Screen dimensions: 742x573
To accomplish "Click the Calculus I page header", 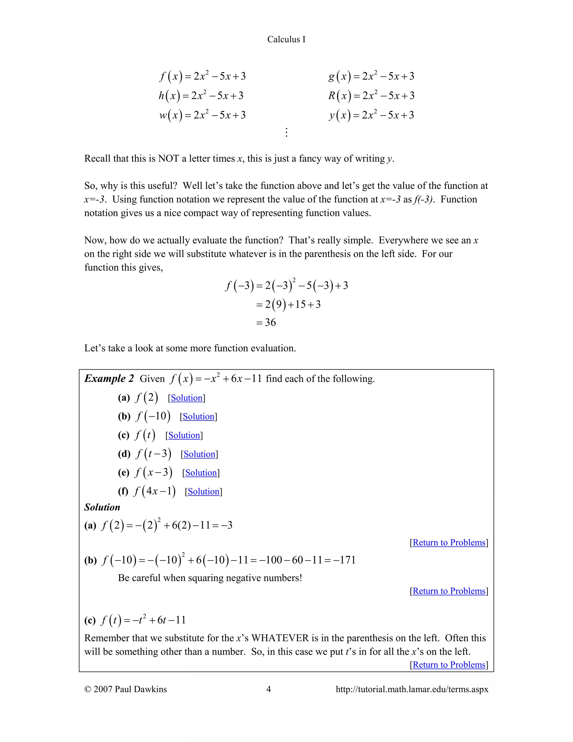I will (286, 39).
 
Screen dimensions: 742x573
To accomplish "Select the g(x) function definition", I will (371, 76).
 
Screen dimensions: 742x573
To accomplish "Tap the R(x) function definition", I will (371, 96).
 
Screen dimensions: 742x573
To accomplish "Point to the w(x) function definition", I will (202, 115).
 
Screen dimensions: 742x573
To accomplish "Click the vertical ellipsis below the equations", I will (286, 132).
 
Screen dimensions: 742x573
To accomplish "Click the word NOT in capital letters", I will (168, 159).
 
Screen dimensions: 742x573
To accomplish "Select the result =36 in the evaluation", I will (266, 322).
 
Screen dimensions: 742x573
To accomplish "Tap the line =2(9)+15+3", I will (288, 304).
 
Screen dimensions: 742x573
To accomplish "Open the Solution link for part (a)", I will (186, 398).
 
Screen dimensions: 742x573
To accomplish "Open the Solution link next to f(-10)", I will (198, 417).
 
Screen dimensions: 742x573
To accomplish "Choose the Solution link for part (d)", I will (199, 454).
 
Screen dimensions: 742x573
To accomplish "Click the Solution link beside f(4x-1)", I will (203, 491).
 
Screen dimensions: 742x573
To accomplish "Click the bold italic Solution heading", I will (102, 507).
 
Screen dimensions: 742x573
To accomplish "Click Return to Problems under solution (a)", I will (449, 543).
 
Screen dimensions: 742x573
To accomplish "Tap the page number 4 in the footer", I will (269, 689).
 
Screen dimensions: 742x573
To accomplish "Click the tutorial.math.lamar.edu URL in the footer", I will (412, 689).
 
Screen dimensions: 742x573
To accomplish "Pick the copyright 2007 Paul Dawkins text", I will (126, 689).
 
